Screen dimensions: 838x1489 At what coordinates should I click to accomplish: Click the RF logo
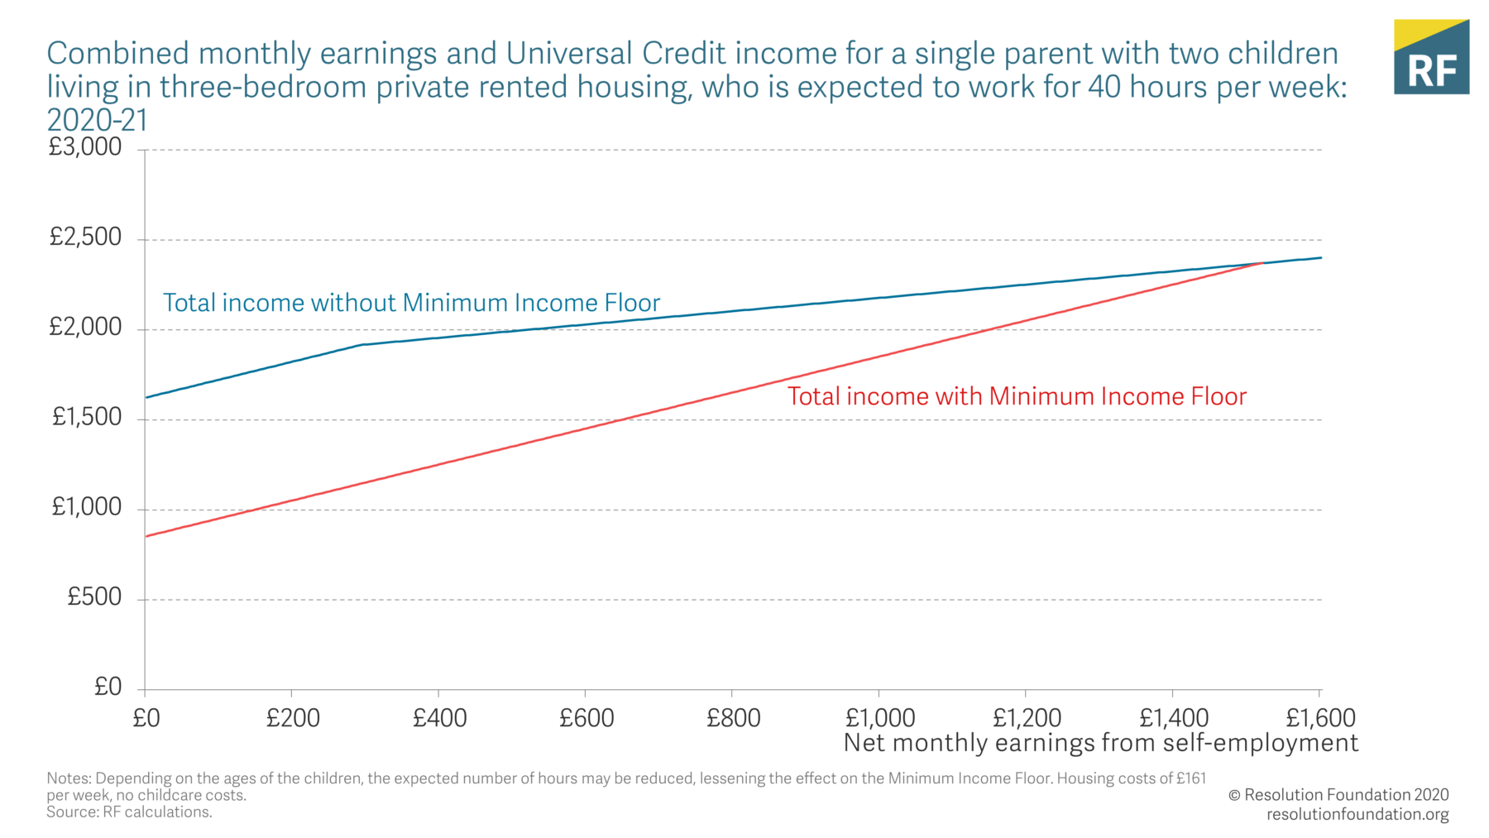point(1431,57)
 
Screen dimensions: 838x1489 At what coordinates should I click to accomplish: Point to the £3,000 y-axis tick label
point(85,147)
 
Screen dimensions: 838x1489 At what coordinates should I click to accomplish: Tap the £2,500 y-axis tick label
point(85,237)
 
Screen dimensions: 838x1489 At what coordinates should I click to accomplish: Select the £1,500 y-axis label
point(87,417)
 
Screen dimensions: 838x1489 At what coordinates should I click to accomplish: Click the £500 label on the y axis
point(94,596)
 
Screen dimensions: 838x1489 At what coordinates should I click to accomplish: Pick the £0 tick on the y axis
point(108,687)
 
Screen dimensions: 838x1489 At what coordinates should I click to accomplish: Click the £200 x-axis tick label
point(293,718)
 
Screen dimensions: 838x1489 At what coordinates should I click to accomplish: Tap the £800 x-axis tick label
point(733,718)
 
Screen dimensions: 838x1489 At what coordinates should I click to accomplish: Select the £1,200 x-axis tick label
point(1027,718)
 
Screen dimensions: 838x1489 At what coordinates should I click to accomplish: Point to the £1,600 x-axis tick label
point(1320,718)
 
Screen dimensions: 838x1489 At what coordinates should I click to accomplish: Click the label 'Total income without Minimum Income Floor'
point(411,303)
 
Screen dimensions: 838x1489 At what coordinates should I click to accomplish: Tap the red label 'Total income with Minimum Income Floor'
point(1017,396)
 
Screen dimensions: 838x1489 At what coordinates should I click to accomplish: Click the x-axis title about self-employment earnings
point(1100,743)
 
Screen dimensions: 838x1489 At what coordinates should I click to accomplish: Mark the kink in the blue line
point(361,344)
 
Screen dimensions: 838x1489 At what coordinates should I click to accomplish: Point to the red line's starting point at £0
point(146,536)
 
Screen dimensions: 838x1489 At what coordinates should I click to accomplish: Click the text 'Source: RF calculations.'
point(129,812)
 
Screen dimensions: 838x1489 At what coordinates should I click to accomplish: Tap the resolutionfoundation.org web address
point(1357,814)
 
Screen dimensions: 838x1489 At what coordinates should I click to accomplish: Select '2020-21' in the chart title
point(97,121)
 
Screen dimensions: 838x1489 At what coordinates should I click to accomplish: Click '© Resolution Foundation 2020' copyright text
point(1338,795)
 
